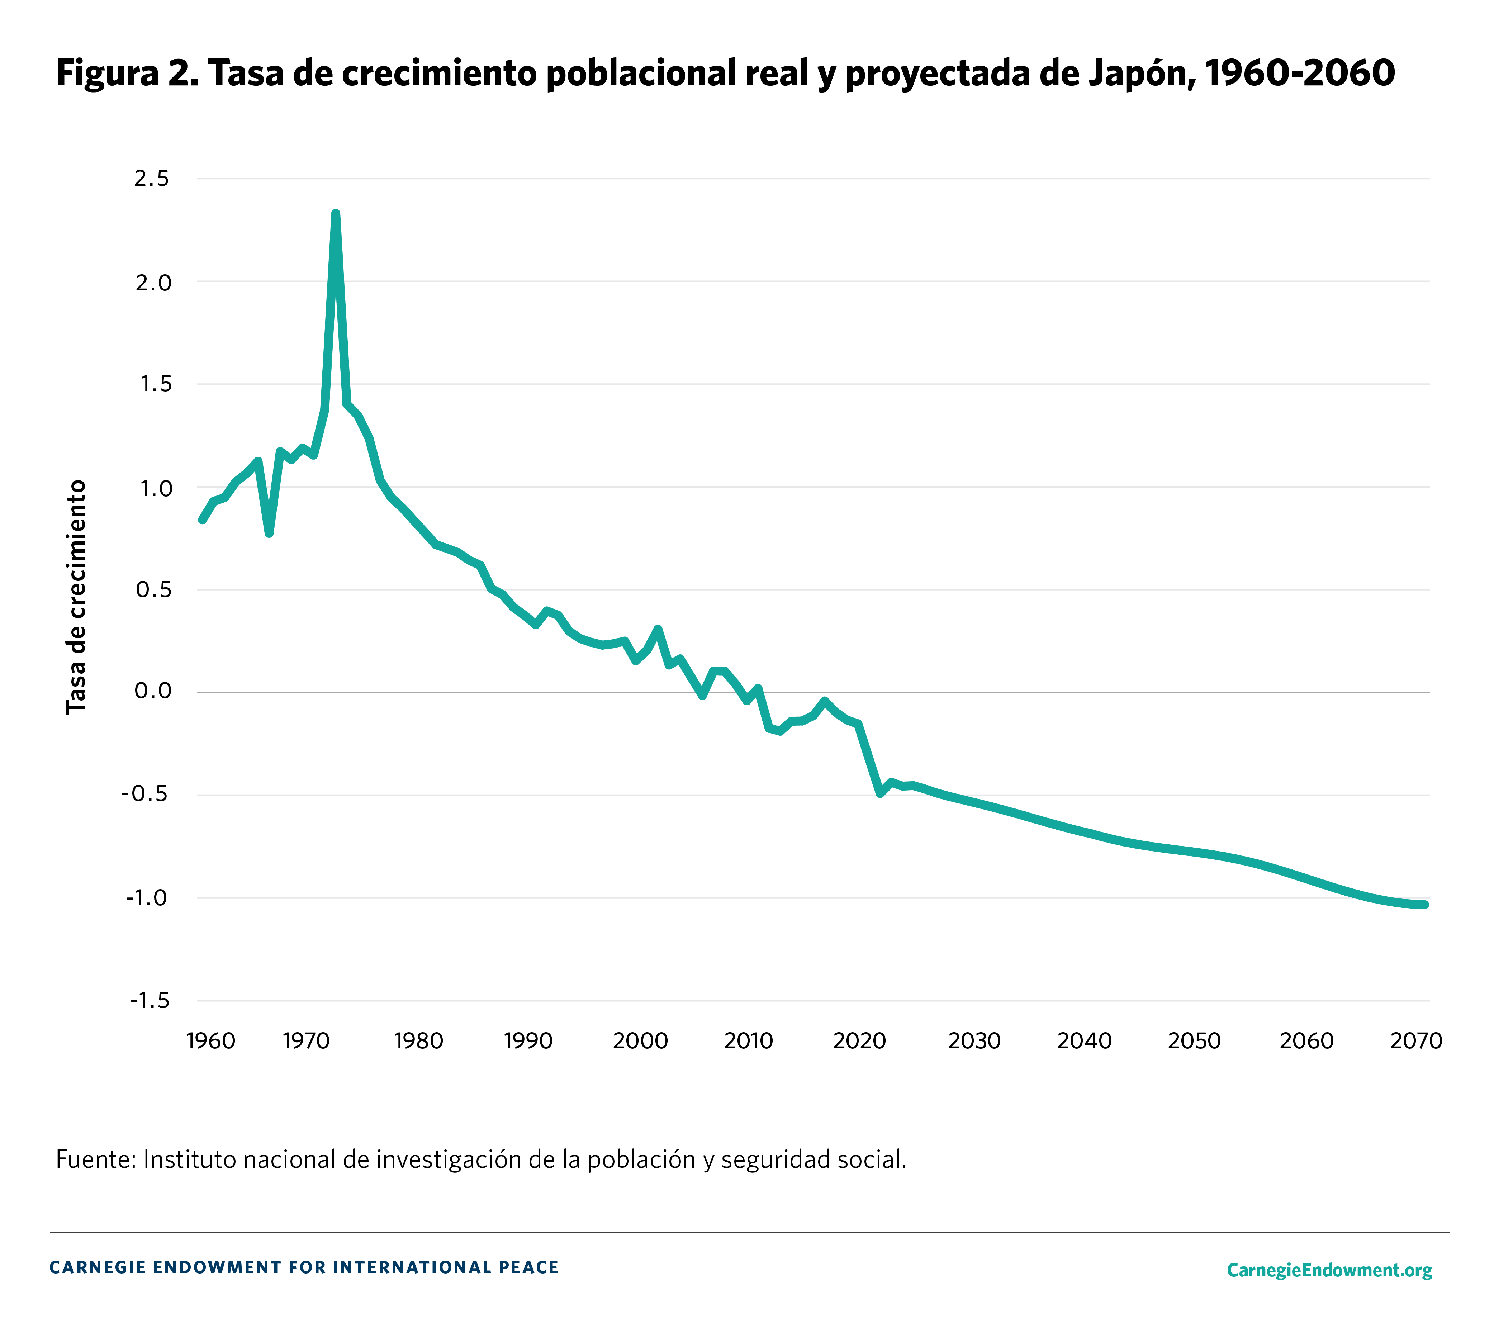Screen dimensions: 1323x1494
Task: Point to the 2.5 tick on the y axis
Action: pos(151,178)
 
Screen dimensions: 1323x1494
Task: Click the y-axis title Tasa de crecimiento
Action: pos(76,597)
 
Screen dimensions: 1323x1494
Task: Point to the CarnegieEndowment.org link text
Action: pos(1329,1270)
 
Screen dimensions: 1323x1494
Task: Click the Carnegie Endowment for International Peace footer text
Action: pos(303,1267)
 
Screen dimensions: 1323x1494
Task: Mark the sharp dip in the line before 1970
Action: pos(269,533)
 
